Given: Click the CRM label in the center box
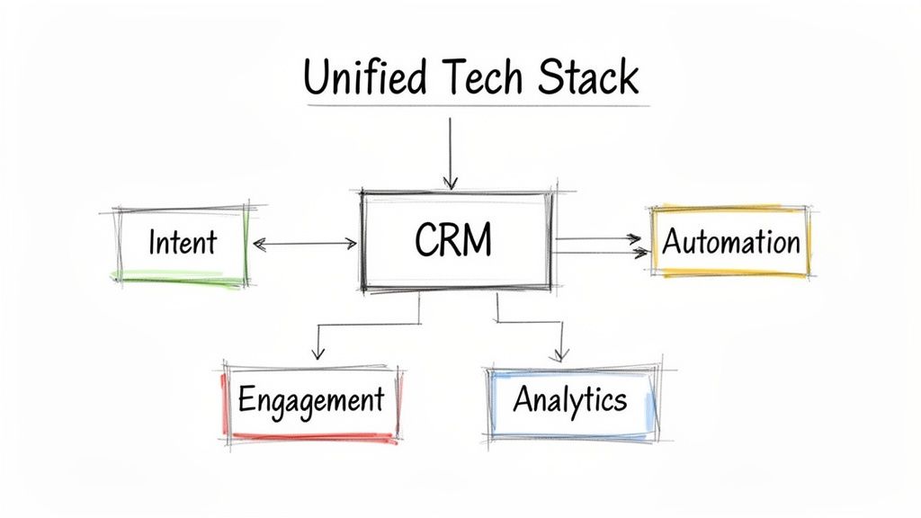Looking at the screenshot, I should pyautogui.click(x=454, y=241).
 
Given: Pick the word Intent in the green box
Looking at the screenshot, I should pyautogui.click(x=183, y=242).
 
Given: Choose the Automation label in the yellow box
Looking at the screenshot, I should pyautogui.click(x=730, y=242).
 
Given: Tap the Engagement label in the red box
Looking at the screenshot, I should pyautogui.click(x=310, y=398).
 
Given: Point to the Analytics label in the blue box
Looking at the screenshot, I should pyautogui.click(x=569, y=398).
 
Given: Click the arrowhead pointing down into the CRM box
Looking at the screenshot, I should pyautogui.click(x=451, y=183).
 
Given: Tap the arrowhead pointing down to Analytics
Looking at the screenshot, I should pyautogui.click(x=562, y=353).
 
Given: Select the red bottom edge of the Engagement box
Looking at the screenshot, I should pyautogui.click(x=310, y=437).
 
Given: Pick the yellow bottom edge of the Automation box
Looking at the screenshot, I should pyautogui.click(x=730, y=272).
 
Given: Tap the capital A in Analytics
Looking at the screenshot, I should pyautogui.click(x=523, y=398).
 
